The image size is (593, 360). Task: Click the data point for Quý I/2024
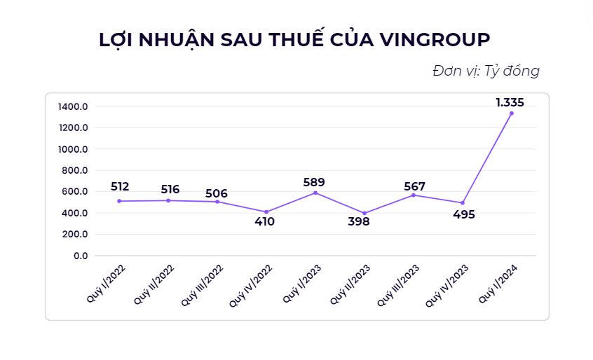click(x=511, y=113)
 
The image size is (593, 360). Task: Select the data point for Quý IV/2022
click(x=266, y=212)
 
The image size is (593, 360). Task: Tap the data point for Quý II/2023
click(x=364, y=213)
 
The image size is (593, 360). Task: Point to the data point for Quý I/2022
click(x=119, y=201)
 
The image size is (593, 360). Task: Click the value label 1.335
click(x=510, y=102)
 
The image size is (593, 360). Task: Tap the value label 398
click(x=359, y=222)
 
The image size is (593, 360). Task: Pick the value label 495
click(x=464, y=214)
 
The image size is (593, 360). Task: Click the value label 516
click(x=170, y=189)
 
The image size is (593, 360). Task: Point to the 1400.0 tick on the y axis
click(x=73, y=106)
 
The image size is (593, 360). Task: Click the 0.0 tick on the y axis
click(x=81, y=256)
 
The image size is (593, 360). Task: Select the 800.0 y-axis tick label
click(x=75, y=170)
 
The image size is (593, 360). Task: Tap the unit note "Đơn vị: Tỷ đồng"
click(x=486, y=71)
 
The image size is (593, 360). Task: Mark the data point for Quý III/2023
click(x=414, y=195)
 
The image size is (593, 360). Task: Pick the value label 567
click(x=414, y=186)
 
